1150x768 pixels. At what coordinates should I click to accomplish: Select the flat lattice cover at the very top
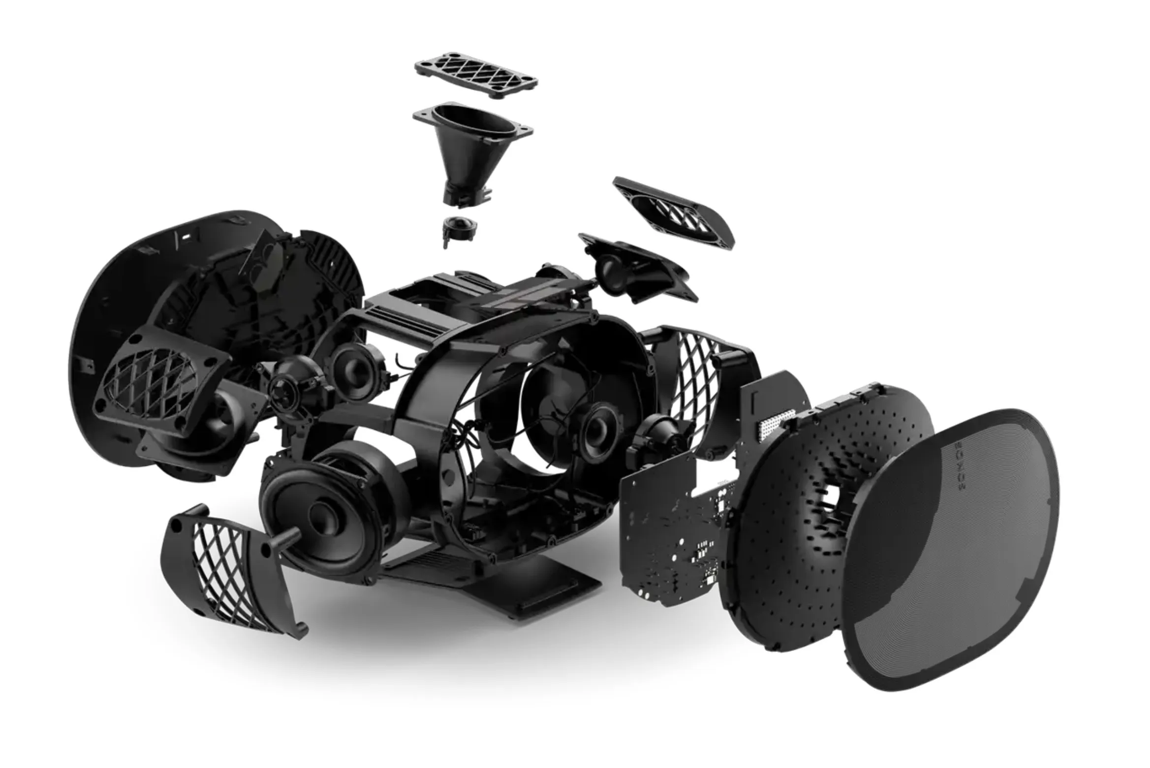(476, 75)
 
